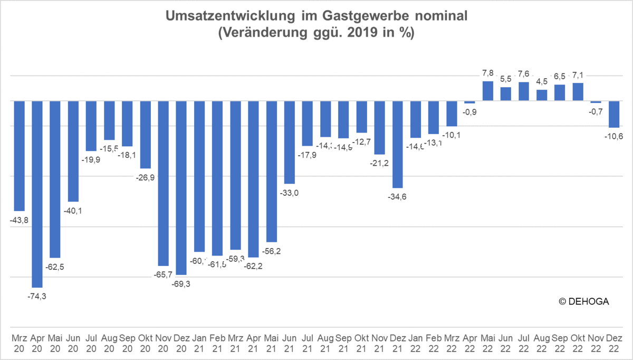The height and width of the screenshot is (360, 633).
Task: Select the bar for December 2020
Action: pyautogui.click(x=181, y=187)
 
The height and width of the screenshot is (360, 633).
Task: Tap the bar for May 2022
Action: pyautogui.click(x=487, y=91)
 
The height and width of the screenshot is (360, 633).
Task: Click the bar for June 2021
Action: pyautogui.click(x=290, y=142)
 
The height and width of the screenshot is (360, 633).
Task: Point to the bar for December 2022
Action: pyautogui.click(x=614, y=114)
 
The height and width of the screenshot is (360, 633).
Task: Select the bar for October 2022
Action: pyautogui.click(x=578, y=92)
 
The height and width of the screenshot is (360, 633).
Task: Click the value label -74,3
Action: pyautogui.click(x=37, y=296)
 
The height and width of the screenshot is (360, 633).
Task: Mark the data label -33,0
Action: pyautogui.click(x=290, y=193)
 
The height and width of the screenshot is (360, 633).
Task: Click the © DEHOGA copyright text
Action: pyautogui.click(x=584, y=301)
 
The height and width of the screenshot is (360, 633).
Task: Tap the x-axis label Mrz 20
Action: pyautogui.click(x=20, y=342)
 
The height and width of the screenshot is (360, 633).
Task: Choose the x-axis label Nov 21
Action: pyautogui.click(x=379, y=342)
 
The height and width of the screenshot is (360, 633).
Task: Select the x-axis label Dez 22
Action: pyautogui.click(x=614, y=342)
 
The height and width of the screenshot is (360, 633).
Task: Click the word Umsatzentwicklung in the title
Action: pyautogui.click(x=221, y=16)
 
